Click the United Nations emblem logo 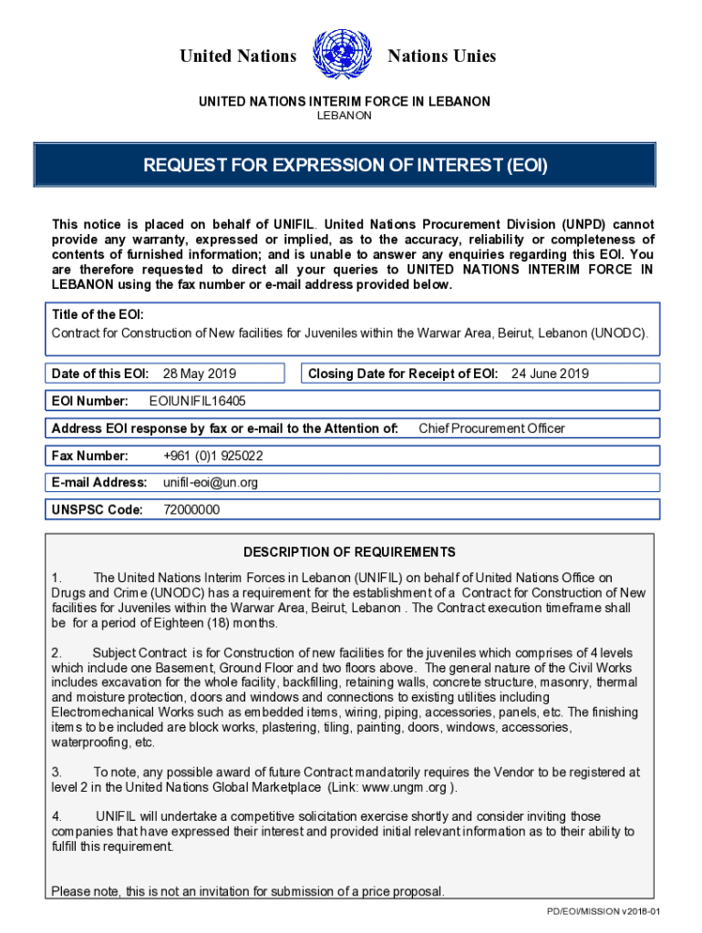click(x=341, y=56)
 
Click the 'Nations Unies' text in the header click(x=442, y=56)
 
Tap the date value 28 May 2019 click(x=199, y=374)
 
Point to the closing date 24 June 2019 click(x=550, y=374)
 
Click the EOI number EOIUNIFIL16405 click(x=197, y=401)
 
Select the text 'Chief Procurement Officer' click(x=491, y=428)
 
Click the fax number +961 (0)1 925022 click(x=213, y=456)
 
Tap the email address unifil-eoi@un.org click(x=211, y=483)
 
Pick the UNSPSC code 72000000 click(x=191, y=510)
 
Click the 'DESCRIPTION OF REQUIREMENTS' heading click(x=349, y=552)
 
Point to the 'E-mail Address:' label click(x=99, y=483)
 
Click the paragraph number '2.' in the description click(x=57, y=653)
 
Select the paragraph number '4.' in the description click(x=57, y=817)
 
